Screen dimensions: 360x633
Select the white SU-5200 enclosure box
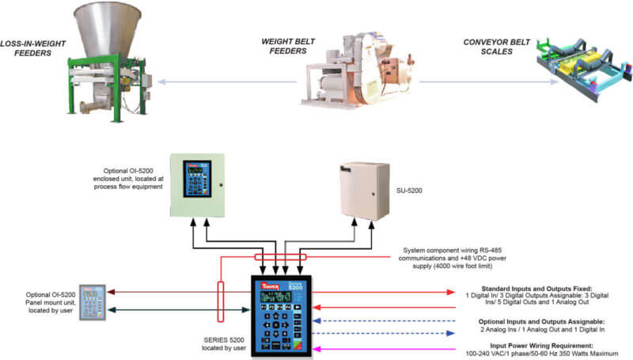360,189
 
